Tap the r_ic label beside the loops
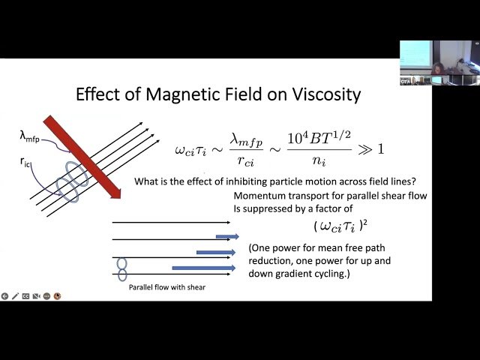tap(26, 160)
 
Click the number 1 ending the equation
tap(380, 148)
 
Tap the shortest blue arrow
tap(227, 236)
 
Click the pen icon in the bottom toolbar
tap(14, 296)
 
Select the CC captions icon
tap(25, 296)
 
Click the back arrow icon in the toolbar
tap(4, 296)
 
